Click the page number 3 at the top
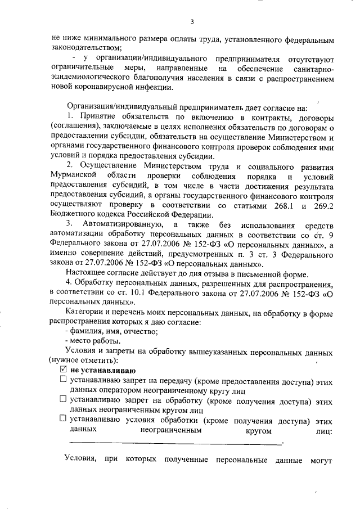[x=192, y=22]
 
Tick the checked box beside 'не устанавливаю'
[x=63, y=370]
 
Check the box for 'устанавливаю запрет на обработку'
[x=62, y=400]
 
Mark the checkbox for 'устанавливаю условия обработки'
[x=62, y=420]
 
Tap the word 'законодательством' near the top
[x=85, y=49]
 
